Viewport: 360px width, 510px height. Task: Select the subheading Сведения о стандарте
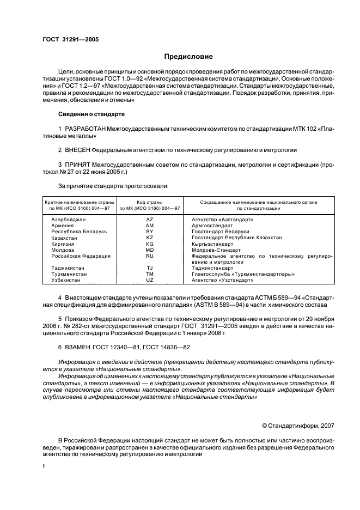pos(91,114)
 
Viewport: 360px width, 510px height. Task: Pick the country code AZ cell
pos(150,219)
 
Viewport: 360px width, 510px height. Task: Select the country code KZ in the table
pos(150,238)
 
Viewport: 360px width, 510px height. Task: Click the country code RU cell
pos(150,256)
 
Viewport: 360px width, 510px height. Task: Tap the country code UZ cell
pos(150,280)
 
